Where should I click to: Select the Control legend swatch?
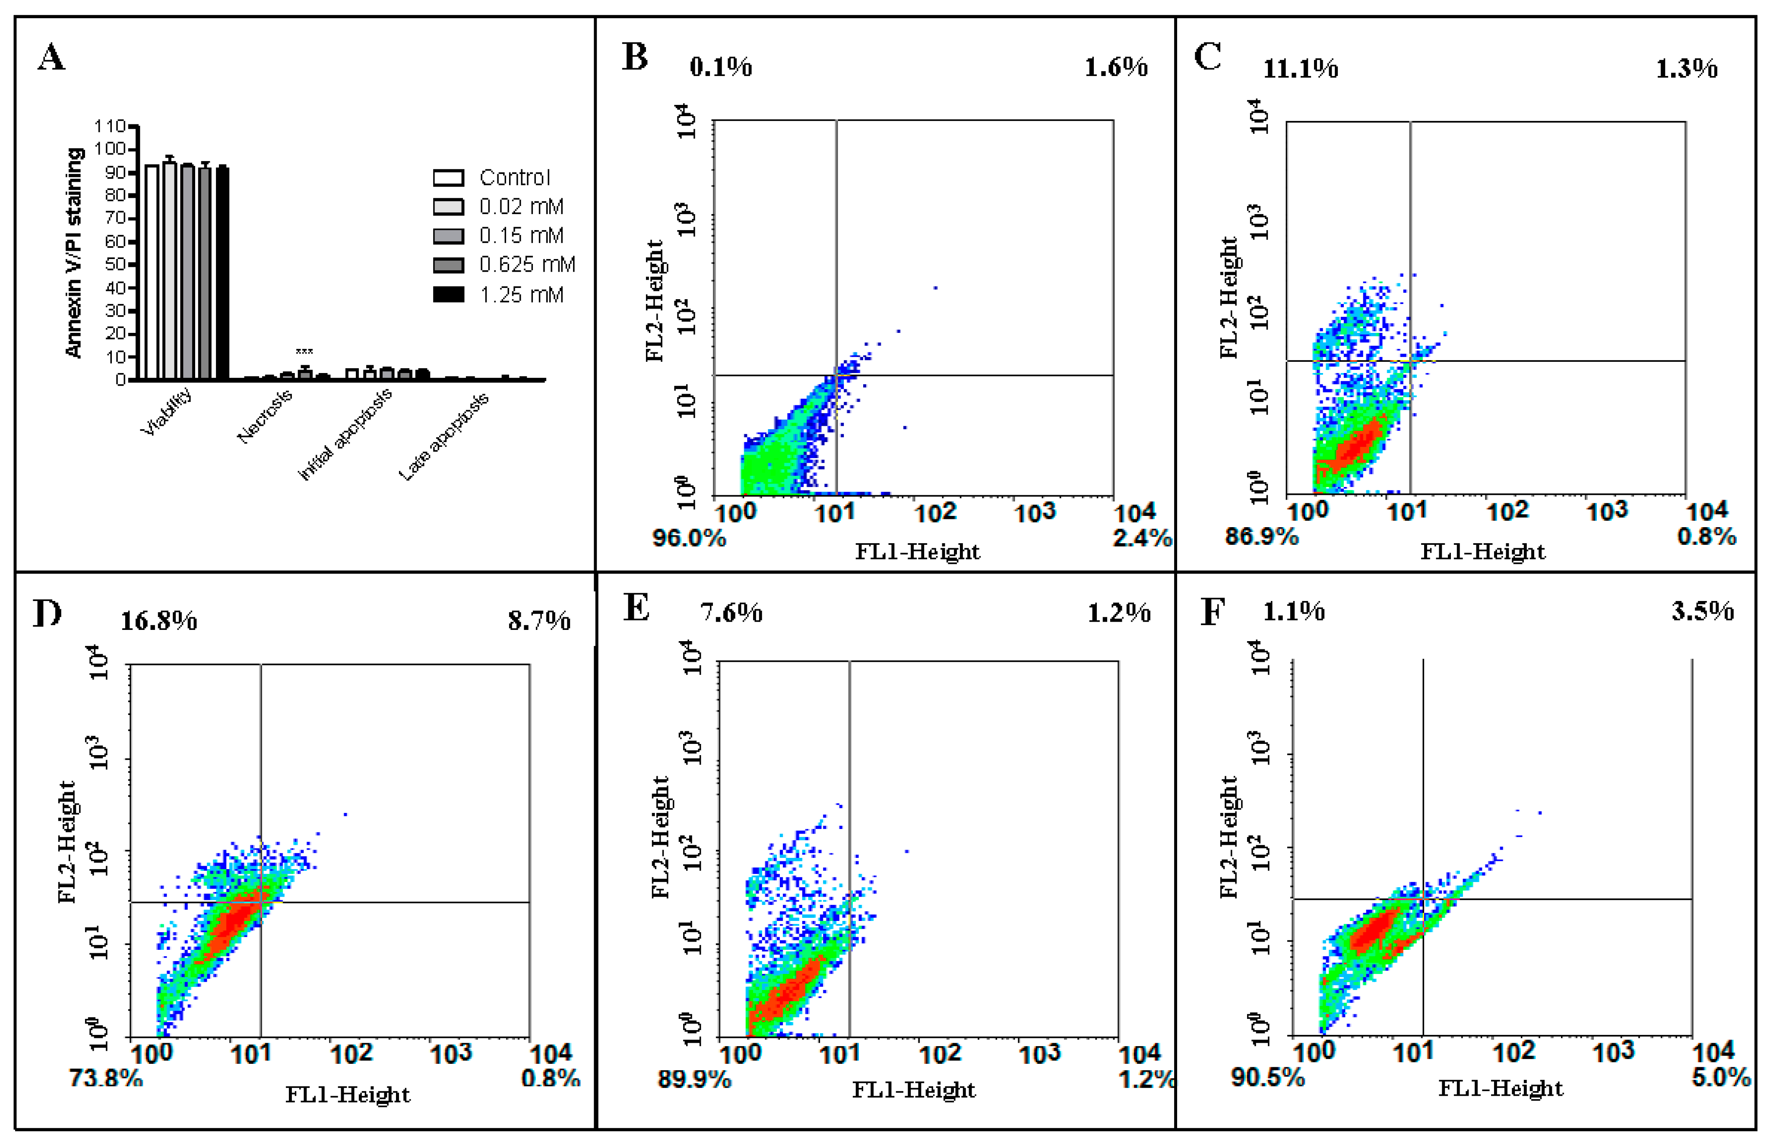[449, 178]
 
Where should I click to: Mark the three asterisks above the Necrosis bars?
[304, 352]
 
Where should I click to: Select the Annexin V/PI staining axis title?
[74, 253]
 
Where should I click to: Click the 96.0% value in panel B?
[689, 538]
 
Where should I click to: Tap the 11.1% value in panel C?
[1301, 69]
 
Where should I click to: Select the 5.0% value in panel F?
[1721, 1077]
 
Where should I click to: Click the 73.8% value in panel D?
[106, 1077]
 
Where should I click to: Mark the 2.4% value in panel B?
[1142, 538]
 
